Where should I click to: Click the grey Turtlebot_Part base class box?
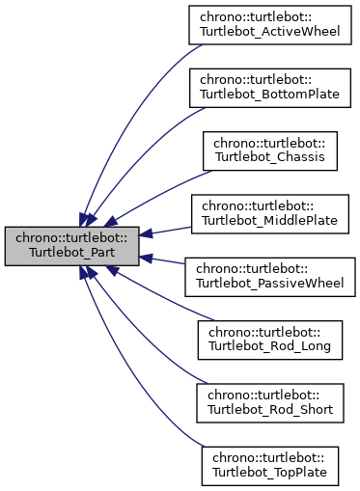point(72,246)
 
